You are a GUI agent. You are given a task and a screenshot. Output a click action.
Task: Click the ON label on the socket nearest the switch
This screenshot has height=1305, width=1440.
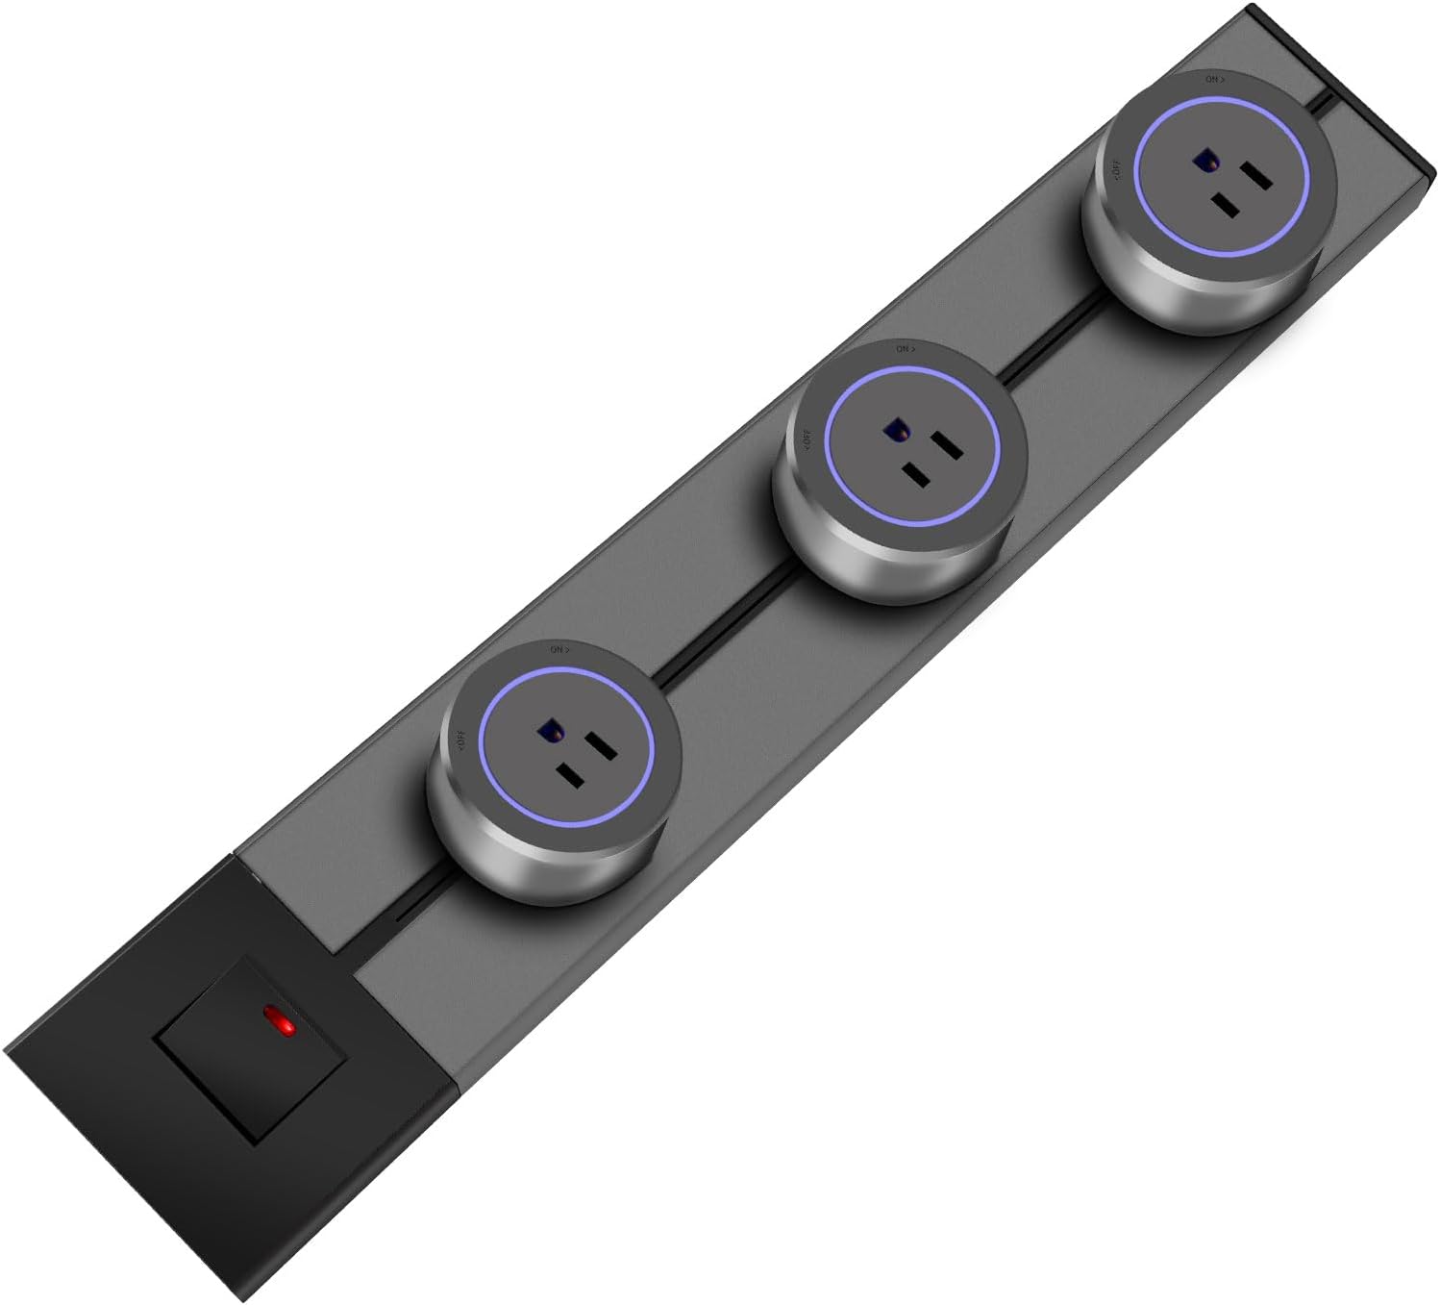click(559, 650)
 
